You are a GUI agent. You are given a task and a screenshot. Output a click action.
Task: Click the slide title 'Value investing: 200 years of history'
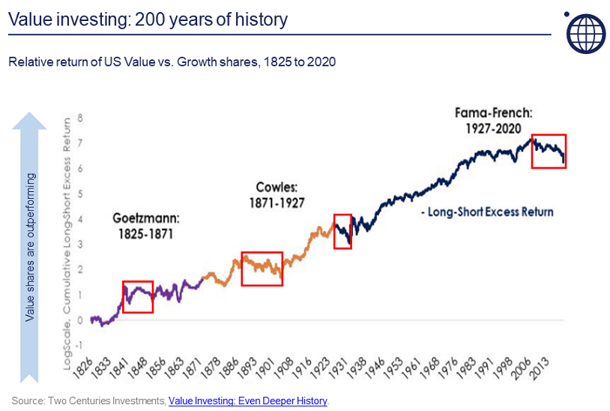pyautogui.click(x=148, y=19)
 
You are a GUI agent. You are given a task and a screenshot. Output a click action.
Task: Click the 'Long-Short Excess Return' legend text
pyautogui.click(x=488, y=211)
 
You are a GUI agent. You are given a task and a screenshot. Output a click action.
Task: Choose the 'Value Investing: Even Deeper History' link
pyautogui.click(x=248, y=401)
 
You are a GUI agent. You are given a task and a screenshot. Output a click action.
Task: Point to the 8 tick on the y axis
pyautogui.click(x=80, y=118)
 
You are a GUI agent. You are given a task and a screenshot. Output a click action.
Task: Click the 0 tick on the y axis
pyautogui.click(x=80, y=320)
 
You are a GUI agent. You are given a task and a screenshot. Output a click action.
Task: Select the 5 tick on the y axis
pyautogui.click(x=80, y=193)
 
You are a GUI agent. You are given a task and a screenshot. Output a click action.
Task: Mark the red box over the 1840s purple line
pyautogui.click(x=138, y=296)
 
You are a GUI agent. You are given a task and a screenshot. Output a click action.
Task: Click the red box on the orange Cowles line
pyautogui.click(x=262, y=268)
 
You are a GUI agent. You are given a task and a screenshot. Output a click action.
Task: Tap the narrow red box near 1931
pyautogui.click(x=342, y=230)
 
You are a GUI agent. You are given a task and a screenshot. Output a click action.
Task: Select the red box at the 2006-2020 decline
pyautogui.click(x=548, y=151)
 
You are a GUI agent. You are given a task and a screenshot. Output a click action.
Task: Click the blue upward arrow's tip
pyautogui.click(x=30, y=115)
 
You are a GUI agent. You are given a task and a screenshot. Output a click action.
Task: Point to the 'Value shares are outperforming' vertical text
pyautogui.click(x=30, y=247)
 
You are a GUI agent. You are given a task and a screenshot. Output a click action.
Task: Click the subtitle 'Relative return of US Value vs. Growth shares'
pyautogui.click(x=172, y=62)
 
